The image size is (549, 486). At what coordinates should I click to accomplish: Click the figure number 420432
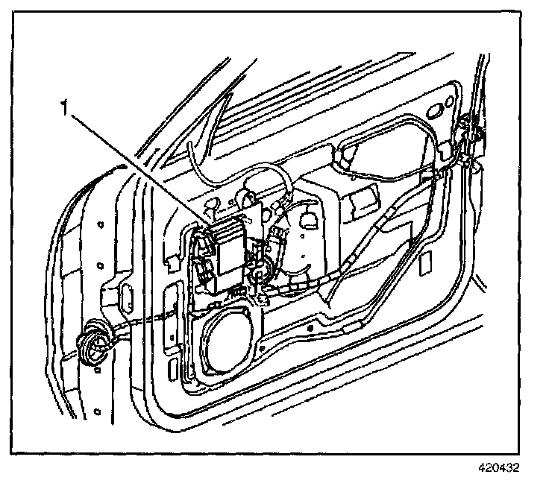pyautogui.click(x=498, y=470)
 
